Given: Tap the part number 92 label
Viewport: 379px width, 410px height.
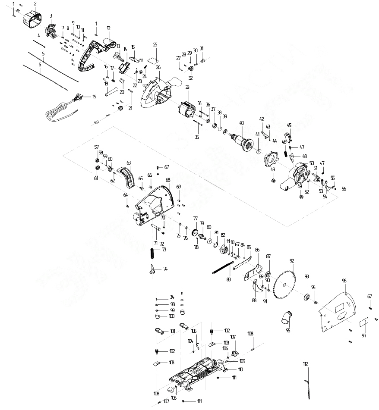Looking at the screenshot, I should click(x=292, y=261).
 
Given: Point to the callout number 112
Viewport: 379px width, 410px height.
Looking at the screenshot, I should click(x=306, y=364).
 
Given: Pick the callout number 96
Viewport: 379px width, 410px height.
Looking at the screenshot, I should click(x=344, y=281).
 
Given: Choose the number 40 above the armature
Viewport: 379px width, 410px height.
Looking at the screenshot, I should click(x=242, y=122).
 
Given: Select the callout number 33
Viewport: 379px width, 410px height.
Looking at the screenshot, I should click(x=187, y=87).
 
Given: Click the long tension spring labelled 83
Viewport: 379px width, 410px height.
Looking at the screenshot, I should click(x=224, y=266).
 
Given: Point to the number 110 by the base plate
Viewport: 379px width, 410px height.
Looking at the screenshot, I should click(x=240, y=369).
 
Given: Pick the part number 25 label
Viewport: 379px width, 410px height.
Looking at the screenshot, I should click(x=155, y=44).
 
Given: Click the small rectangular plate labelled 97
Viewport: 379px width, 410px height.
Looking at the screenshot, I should click(x=364, y=322).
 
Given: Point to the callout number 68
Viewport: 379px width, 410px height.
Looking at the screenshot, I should click(x=167, y=179).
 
